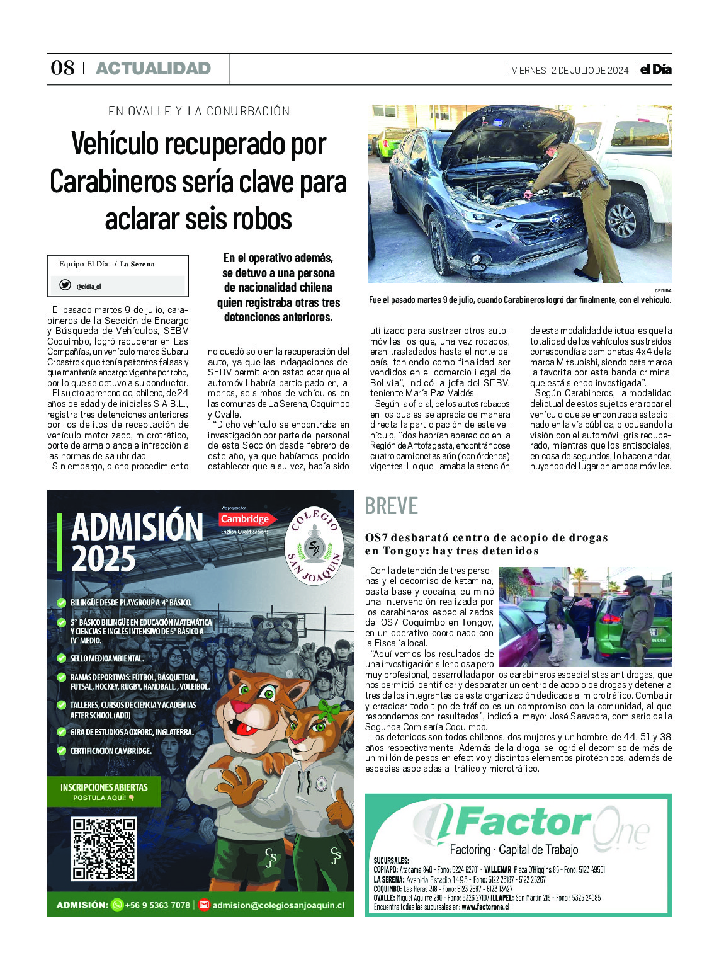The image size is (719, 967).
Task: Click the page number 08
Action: [62, 68]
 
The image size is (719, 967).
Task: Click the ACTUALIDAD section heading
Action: [153, 69]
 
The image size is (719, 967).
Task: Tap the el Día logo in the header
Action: [655, 69]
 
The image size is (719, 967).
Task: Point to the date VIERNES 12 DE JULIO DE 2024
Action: [570, 71]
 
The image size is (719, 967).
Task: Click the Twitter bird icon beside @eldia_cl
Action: [65, 285]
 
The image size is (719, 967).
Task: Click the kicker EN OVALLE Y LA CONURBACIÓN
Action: [199, 112]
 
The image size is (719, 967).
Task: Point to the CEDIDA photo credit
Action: [662, 291]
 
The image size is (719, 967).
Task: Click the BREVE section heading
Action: [391, 506]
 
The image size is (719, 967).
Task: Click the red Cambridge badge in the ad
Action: [245, 519]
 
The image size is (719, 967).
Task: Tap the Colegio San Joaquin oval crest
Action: [314, 546]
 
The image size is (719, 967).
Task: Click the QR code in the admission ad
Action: [104, 849]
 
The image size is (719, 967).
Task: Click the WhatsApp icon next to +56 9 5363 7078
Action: [117, 905]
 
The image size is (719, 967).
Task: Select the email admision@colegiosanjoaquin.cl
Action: [278, 905]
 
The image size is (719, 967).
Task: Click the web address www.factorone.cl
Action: [485, 907]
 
